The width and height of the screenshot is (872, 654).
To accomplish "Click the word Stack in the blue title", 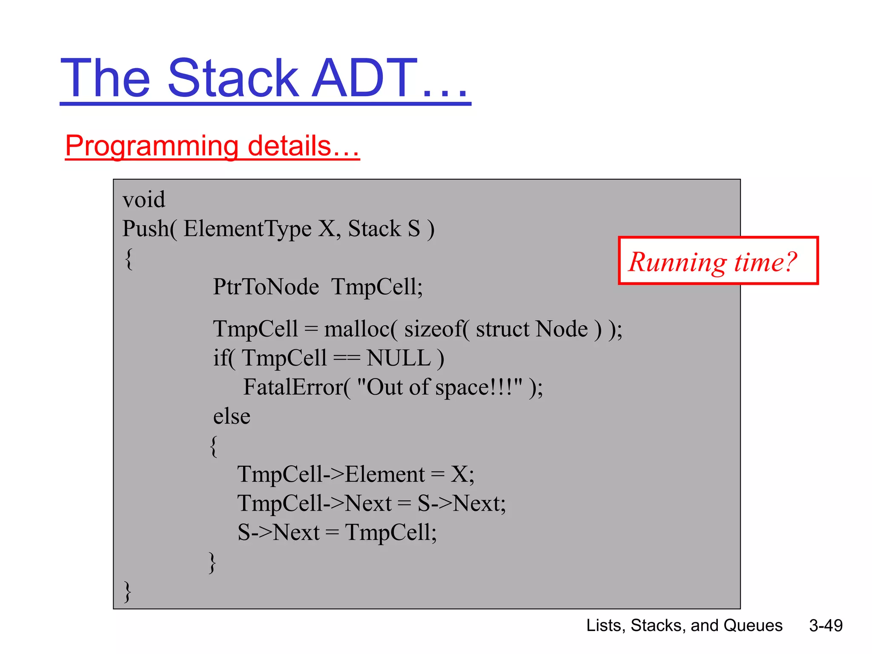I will (233, 79).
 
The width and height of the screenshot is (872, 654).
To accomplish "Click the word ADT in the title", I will (364, 79).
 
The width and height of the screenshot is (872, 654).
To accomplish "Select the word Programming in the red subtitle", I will (151, 146).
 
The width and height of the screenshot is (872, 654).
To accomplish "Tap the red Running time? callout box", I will (718, 261).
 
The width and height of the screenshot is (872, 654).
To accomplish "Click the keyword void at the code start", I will (143, 200).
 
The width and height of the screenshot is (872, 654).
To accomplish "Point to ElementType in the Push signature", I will (247, 229).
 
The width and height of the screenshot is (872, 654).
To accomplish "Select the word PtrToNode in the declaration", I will (266, 287).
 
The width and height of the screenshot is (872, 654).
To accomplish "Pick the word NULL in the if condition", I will (399, 358).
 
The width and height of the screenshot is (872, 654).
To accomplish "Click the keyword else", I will (232, 416).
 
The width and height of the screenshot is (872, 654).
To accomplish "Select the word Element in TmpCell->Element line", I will (384, 474).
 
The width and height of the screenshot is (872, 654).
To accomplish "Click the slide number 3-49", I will (826, 625).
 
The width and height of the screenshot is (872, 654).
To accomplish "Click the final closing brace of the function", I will (127, 592).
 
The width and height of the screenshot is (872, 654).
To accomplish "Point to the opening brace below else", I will (214, 446).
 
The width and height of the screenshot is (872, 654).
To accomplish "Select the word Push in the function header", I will (145, 229).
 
